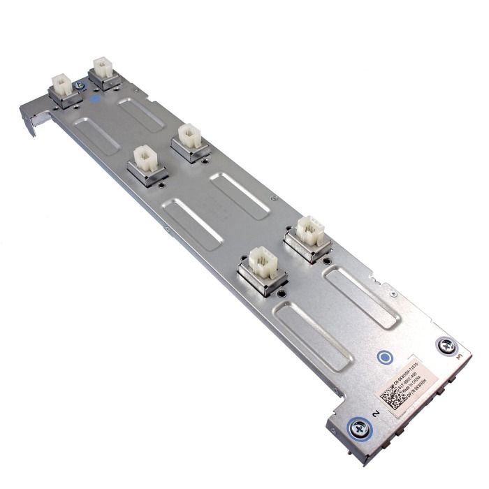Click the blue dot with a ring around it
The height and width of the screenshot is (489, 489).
[384, 358]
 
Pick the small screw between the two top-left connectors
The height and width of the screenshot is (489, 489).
[78, 85]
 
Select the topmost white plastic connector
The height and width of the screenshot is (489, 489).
[103, 68]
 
